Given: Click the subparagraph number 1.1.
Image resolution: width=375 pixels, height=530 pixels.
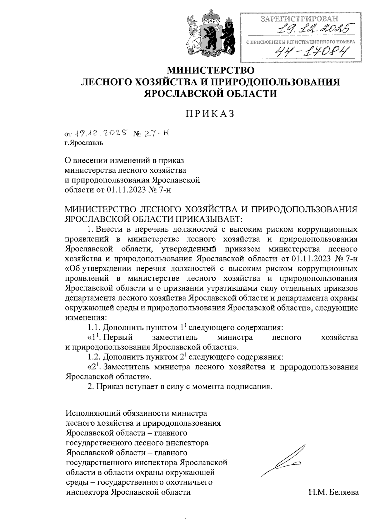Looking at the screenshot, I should point(93,328).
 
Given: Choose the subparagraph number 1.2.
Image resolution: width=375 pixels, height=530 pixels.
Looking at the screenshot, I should point(93,357).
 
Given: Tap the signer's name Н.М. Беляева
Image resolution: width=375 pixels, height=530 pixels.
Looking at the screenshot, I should point(333,493).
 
